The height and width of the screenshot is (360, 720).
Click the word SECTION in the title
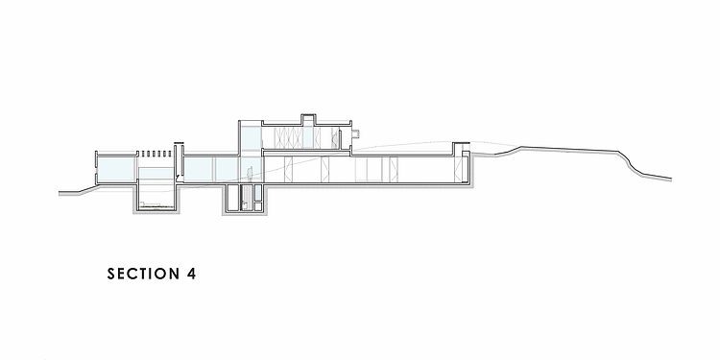point(144,274)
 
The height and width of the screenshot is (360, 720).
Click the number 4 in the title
point(191,274)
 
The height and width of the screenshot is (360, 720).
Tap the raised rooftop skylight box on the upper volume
point(308,119)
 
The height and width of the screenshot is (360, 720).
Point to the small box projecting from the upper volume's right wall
point(355,134)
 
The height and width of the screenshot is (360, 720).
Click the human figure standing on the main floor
point(250,175)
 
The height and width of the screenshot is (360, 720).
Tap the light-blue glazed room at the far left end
point(117,169)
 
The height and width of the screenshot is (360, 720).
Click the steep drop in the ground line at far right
point(629,164)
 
